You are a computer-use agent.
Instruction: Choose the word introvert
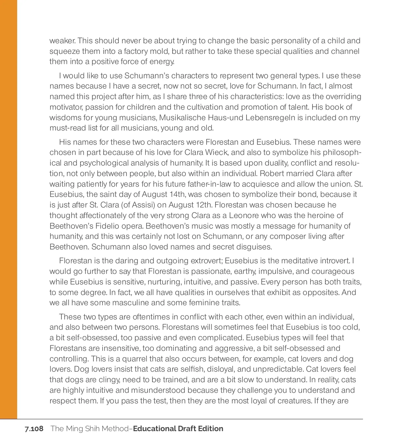coord(335,261)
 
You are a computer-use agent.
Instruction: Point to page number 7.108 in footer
coord(34,429)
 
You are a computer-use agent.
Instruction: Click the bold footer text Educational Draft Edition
coord(178,429)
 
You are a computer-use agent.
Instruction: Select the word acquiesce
coord(280,184)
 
